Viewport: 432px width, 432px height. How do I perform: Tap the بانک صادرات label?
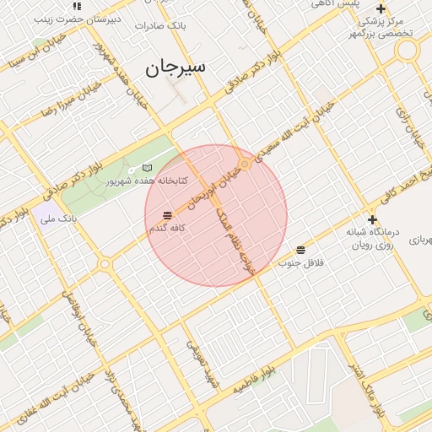tap(160, 26)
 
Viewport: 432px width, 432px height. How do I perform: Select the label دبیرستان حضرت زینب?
tap(68, 18)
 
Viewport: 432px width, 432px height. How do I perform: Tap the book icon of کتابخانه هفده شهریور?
tap(148, 168)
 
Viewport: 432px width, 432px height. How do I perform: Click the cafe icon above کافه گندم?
tap(167, 215)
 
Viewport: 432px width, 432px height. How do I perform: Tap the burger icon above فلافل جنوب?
tap(301, 250)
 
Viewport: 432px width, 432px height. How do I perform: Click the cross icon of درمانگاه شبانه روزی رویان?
tap(372, 219)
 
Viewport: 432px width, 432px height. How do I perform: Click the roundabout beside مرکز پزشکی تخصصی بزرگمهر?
tap(408, 50)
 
